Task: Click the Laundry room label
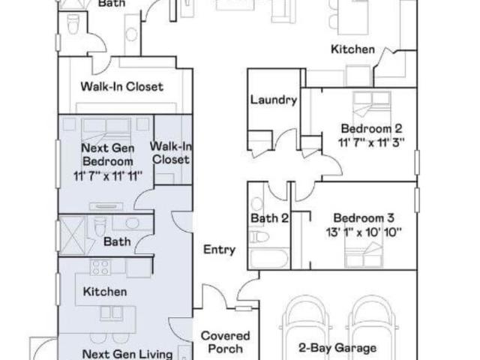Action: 274,100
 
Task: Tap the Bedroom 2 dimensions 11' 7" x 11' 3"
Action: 371,142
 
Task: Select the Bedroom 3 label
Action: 364,218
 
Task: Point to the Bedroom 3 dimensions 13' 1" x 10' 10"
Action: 363,232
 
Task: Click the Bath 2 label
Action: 269,218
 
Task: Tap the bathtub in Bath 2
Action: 268,259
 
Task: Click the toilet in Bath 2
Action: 259,237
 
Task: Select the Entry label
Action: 220,250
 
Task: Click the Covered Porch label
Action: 225,342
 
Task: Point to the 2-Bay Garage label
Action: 337,348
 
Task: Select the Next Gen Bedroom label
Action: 108,154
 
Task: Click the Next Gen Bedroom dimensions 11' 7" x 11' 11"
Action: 108,176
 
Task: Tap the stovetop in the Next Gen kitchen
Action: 100,267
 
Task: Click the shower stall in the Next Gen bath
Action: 72,235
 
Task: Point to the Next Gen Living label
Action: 127,354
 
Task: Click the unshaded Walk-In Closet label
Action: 121,87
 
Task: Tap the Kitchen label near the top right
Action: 352,49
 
